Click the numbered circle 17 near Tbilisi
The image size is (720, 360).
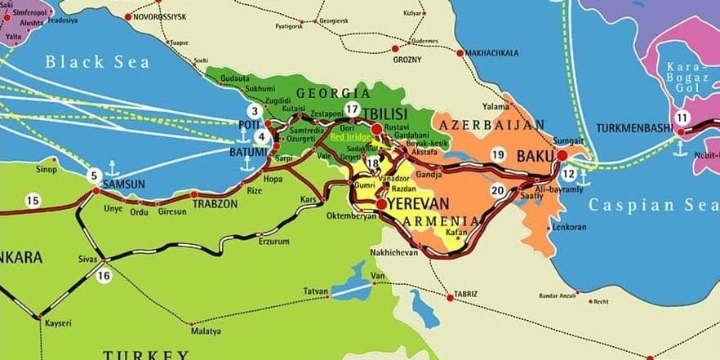[352, 109]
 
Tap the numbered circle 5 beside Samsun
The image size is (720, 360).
[94, 175]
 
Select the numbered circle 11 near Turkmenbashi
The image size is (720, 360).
[682, 117]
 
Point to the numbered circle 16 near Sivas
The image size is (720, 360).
[104, 276]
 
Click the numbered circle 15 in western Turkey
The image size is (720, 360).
[33, 200]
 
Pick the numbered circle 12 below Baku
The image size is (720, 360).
[569, 173]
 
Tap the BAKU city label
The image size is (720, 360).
[535, 154]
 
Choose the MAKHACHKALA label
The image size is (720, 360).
[493, 53]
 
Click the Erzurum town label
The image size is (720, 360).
[273, 242]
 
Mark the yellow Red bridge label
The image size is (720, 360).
[349, 137]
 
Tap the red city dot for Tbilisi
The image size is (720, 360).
[376, 128]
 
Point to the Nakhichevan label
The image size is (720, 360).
[394, 252]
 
